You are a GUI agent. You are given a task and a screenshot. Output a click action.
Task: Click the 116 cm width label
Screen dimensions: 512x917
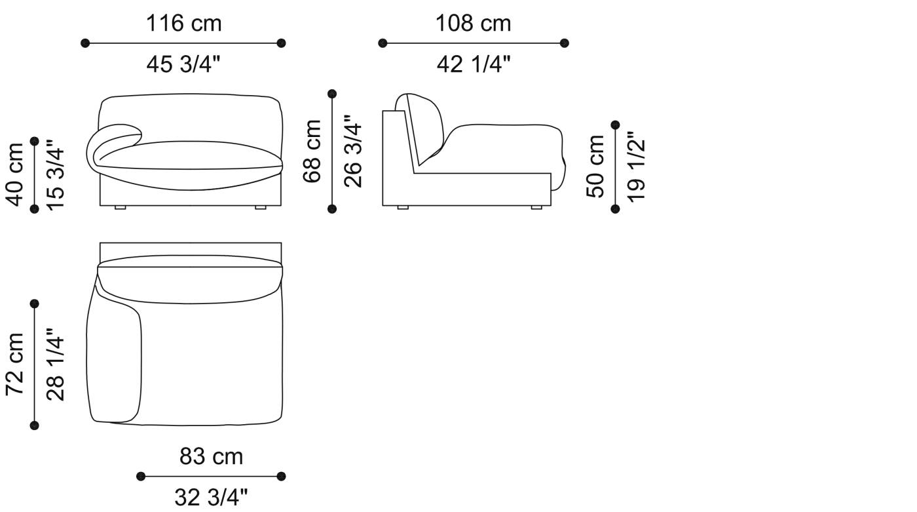point(183,24)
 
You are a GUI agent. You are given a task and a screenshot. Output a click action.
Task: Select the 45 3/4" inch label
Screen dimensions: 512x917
point(183,64)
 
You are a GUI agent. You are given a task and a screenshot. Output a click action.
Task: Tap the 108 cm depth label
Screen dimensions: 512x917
point(473,24)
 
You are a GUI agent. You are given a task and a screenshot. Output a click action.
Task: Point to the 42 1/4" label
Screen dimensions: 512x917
point(473,64)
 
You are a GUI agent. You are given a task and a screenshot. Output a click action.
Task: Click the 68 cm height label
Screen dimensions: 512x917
point(313,151)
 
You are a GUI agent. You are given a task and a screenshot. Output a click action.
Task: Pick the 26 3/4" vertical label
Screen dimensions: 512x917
point(353,151)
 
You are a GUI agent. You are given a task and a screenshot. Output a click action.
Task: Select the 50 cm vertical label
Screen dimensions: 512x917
point(596,166)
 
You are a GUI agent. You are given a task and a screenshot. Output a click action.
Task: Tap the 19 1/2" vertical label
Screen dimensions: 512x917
point(635,166)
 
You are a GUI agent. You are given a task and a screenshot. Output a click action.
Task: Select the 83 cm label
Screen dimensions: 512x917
point(211,456)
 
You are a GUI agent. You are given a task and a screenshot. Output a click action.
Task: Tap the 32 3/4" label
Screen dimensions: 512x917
point(211,498)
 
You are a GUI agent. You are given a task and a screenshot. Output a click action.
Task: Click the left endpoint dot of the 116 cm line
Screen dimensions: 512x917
point(84,43)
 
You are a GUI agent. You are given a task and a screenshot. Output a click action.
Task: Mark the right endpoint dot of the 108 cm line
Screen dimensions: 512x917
point(565,43)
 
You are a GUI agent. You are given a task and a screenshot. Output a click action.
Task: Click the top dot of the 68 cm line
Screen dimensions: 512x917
point(332,94)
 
